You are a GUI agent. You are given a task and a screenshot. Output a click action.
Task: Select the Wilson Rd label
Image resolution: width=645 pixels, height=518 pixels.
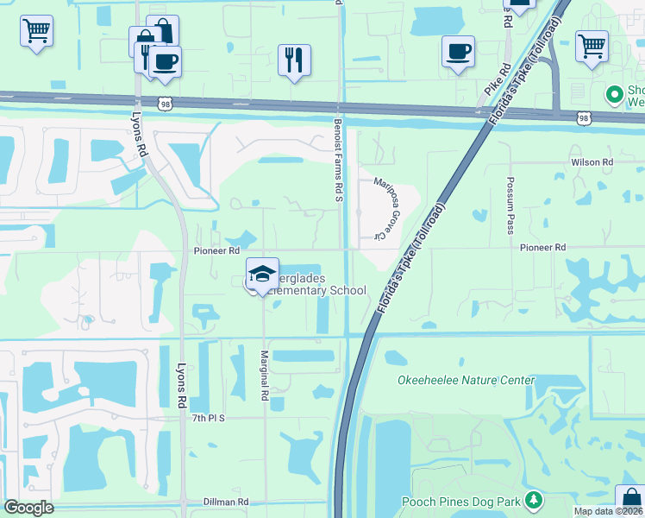point(592,161)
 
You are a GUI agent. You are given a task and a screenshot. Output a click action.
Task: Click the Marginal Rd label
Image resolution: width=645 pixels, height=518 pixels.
point(265,375)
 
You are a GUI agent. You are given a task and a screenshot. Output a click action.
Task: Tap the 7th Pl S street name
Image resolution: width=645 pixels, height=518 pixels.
point(208,418)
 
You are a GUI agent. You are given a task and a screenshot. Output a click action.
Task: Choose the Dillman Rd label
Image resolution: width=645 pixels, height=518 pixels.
point(226,502)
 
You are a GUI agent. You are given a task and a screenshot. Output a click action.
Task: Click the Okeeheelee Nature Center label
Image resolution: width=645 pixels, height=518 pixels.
point(466,380)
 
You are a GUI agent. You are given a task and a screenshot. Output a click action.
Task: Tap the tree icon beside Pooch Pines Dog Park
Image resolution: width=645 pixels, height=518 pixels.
point(534,500)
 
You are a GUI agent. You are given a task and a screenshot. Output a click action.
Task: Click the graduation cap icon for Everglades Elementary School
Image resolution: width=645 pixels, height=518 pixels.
point(262,274)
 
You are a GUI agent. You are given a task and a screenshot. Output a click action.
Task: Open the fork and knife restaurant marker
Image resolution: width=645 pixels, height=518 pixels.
point(294,60)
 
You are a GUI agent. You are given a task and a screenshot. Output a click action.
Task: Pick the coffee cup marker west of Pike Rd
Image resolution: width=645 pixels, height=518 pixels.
point(458,51)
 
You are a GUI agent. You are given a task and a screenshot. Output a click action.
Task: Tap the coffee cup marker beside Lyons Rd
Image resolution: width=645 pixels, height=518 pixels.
point(165,61)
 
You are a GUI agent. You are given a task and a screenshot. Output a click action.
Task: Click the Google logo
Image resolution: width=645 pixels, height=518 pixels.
point(28,508)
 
